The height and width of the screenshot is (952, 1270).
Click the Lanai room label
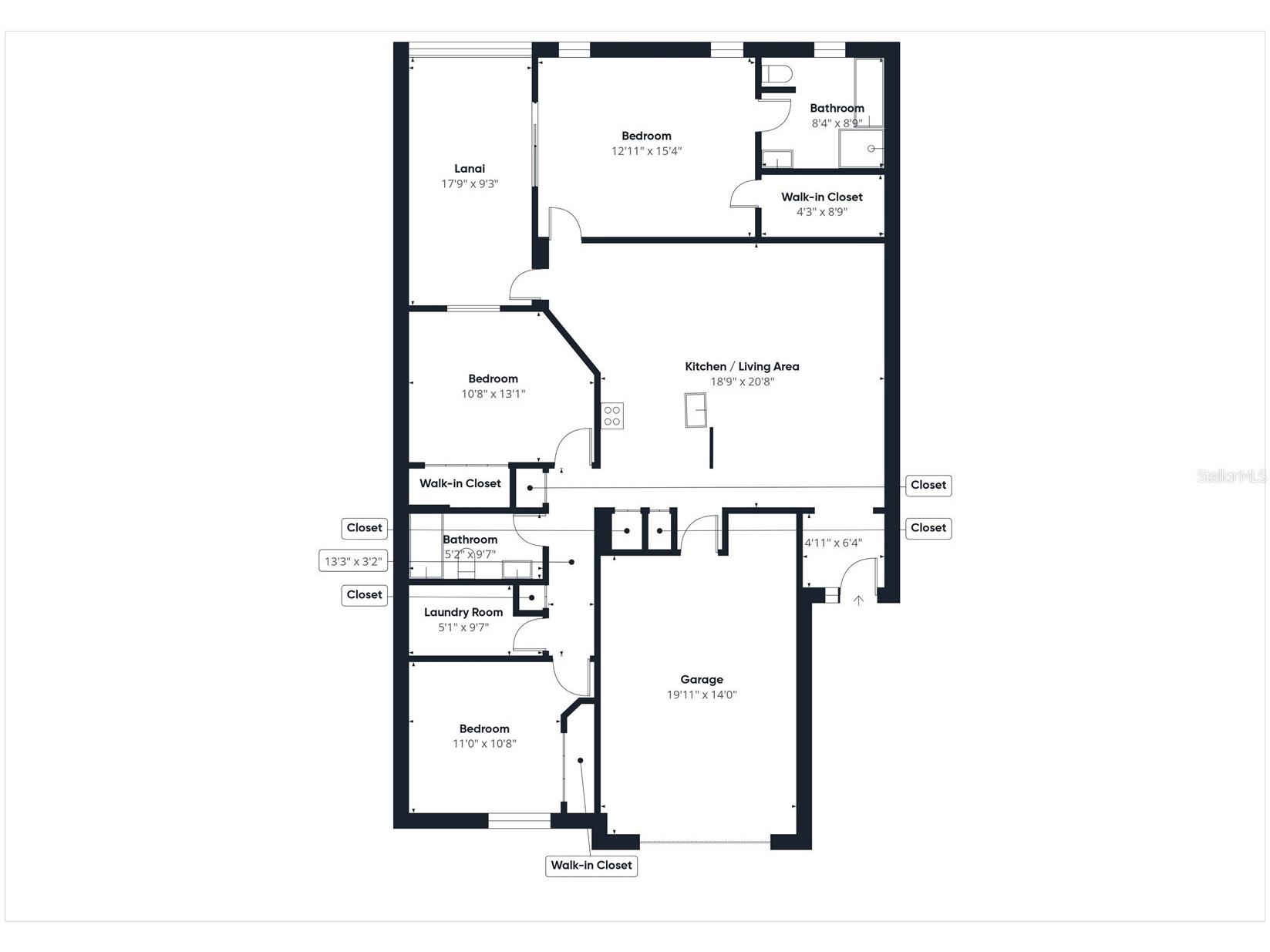click(x=470, y=169)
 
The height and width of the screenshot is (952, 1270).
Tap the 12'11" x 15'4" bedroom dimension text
click(x=646, y=151)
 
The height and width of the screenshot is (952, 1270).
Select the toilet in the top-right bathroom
click(x=777, y=75)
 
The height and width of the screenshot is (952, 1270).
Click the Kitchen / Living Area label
click(x=742, y=366)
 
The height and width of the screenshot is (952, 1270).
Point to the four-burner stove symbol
click(x=612, y=416)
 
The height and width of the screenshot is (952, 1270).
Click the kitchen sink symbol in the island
click(x=696, y=409)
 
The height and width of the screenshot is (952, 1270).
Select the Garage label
click(x=702, y=679)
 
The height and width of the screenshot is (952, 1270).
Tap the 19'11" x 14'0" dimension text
click(x=702, y=695)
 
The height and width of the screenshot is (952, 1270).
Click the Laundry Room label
click(x=463, y=612)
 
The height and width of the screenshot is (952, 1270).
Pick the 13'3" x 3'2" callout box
click(x=353, y=561)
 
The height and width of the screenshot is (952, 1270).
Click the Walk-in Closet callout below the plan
click(x=591, y=865)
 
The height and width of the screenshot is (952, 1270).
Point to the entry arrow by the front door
click(x=858, y=600)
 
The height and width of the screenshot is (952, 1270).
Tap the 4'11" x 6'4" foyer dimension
click(x=834, y=543)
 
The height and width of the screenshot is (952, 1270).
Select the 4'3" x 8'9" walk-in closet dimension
click(x=822, y=211)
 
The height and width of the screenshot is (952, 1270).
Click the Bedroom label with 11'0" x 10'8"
click(x=484, y=728)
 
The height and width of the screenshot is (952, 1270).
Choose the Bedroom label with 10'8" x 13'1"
click(x=493, y=378)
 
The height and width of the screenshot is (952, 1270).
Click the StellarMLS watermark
click(x=1231, y=476)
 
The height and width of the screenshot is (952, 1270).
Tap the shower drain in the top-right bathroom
click(x=871, y=149)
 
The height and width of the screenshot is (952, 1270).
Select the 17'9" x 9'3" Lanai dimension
click(x=470, y=183)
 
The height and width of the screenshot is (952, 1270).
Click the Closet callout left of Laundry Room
click(x=364, y=594)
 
